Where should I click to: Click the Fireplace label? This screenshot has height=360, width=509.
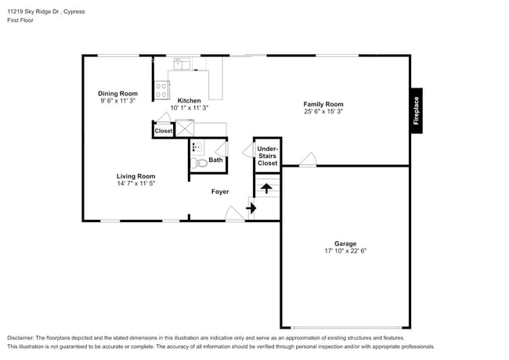416,110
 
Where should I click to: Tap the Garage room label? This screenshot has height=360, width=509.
345,243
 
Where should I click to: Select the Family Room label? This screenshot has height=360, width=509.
323,104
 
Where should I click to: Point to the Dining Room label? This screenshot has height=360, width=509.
118,93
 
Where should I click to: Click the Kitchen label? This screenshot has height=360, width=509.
189,100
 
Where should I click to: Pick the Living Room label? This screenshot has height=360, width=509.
136,176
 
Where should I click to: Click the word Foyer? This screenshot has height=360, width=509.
220,191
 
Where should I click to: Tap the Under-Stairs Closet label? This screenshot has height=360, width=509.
267,155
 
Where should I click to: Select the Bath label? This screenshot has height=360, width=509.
215,160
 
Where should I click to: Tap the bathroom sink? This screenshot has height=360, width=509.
197,147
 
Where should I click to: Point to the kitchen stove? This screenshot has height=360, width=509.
161,90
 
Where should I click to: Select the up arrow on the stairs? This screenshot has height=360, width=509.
266,188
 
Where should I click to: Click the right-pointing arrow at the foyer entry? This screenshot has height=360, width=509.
251,208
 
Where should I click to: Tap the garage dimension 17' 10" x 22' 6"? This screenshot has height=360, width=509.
345,251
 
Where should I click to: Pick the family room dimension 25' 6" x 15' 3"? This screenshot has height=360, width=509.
323,112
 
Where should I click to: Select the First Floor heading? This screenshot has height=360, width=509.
22,22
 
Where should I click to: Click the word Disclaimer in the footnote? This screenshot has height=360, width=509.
21,337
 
